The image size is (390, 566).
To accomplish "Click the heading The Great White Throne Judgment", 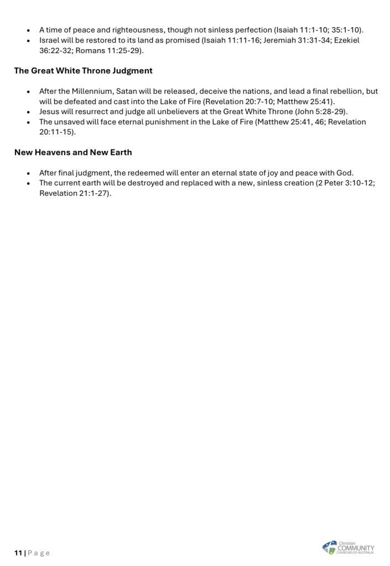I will click(x=83, y=71).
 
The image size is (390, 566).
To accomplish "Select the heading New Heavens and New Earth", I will click(x=73, y=152).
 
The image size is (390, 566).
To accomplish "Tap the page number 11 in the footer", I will click(x=18, y=553).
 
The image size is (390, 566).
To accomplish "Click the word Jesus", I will click(x=49, y=111).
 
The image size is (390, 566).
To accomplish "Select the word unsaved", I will click(x=71, y=122).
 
